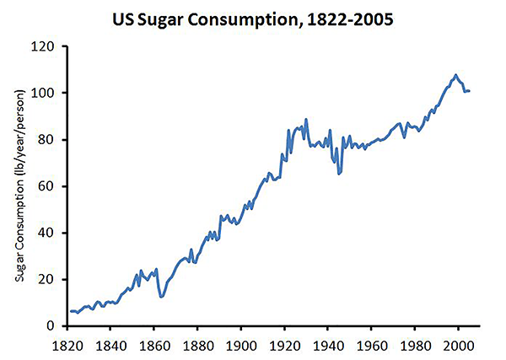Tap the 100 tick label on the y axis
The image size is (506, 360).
(46, 93)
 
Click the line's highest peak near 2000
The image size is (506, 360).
(455, 75)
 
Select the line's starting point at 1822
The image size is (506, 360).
(71, 311)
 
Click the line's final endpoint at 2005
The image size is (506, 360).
(469, 90)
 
